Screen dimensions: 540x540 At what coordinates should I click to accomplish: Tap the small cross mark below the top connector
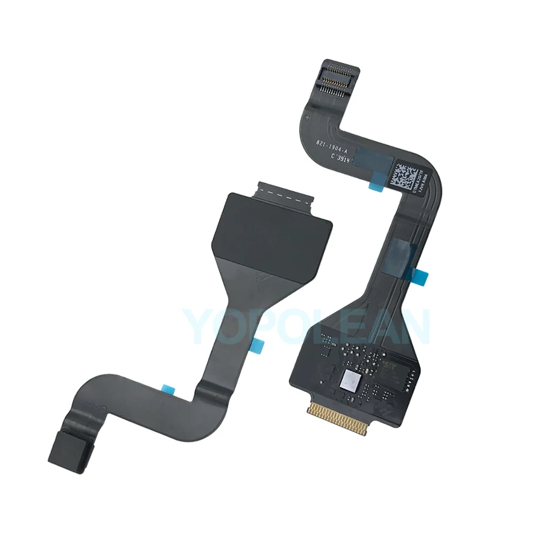coord(308,118)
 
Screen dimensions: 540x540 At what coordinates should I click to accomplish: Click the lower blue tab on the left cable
coord(169,387)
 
